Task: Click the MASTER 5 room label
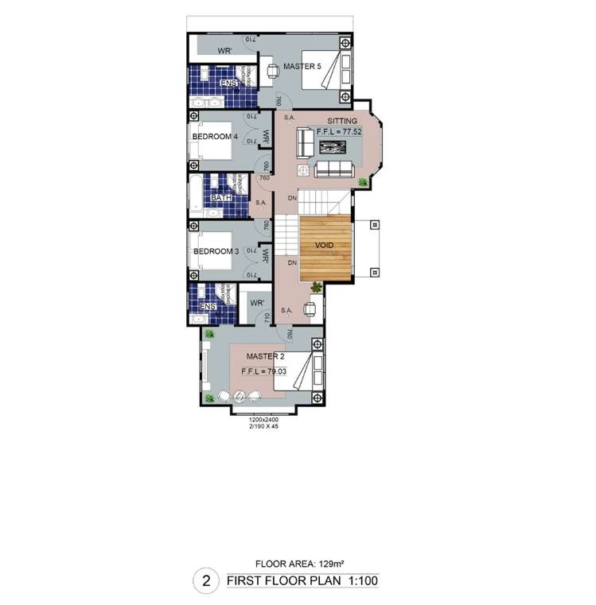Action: click(302, 67)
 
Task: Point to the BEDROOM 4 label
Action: click(215, 137)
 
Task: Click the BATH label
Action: click(221, 198)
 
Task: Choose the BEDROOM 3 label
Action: click(216, 252)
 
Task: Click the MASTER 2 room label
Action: click(265, 356)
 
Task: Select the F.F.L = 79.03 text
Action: click(267, 370)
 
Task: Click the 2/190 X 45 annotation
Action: click(263, 427)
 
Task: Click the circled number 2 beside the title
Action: click(206, 581)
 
